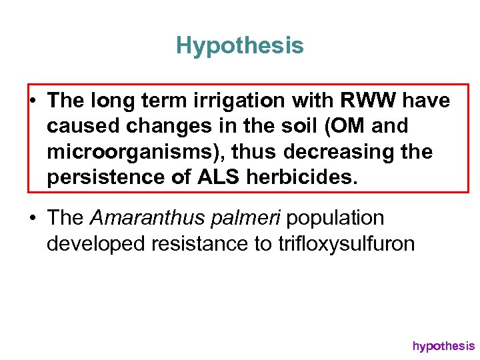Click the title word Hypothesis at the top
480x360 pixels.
[x=240, y=46]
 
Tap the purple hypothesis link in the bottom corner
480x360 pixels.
[x=443, y=345]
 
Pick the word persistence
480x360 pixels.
[x=103, y=178]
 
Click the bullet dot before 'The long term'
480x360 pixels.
[x=33, y=101]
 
